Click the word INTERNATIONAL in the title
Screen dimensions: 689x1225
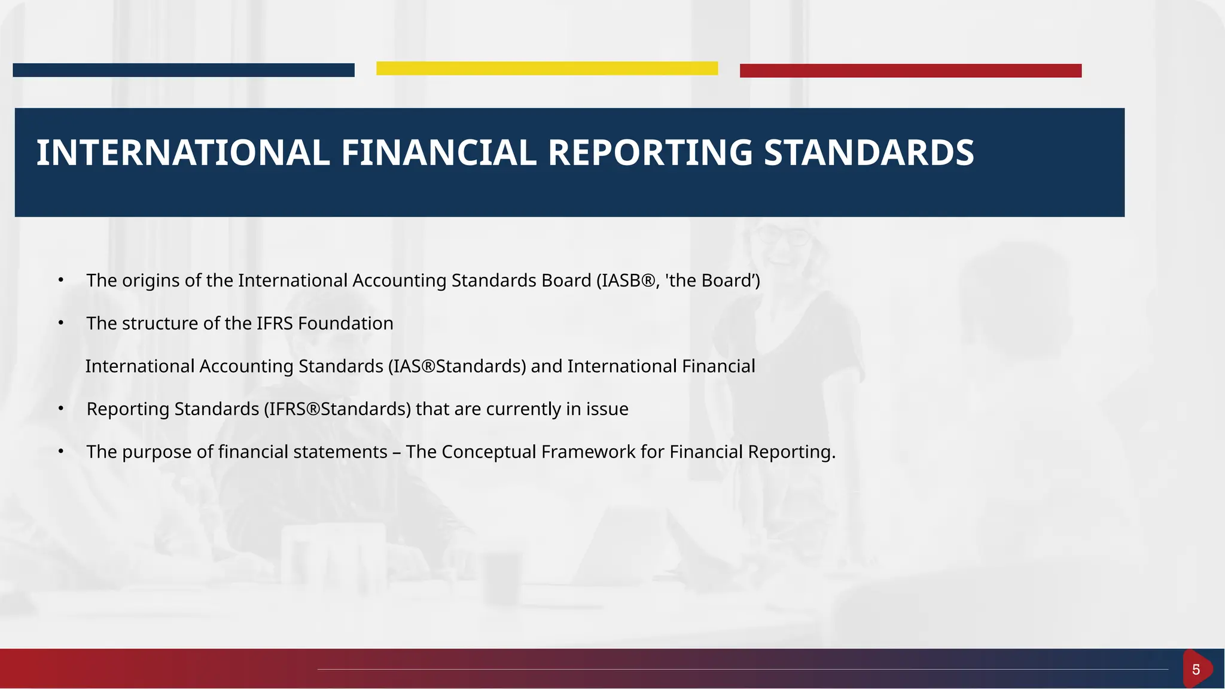click(x=183, y=153)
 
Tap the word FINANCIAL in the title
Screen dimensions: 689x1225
click(x=438, y=153)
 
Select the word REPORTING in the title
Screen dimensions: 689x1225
click(x=650, y=153)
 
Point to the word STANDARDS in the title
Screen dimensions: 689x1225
click(x=869, y=153)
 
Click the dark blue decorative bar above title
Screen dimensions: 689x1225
click(x=183, y=70)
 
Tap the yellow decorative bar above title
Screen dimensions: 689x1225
click(x=547, y=68)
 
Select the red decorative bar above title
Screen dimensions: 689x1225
click(x=910, y=71)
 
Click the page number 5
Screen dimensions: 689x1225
click(x=1196, y=669)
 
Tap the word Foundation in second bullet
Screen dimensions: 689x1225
click(x=345, y=324)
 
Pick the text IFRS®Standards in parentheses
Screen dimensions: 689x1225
click(x=337, y=409)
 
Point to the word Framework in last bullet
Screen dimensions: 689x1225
click(x=588, y=452)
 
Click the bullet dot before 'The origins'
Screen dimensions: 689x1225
click(x=60, y=280)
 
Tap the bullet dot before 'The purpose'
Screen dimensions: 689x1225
click(x=60, y=452)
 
